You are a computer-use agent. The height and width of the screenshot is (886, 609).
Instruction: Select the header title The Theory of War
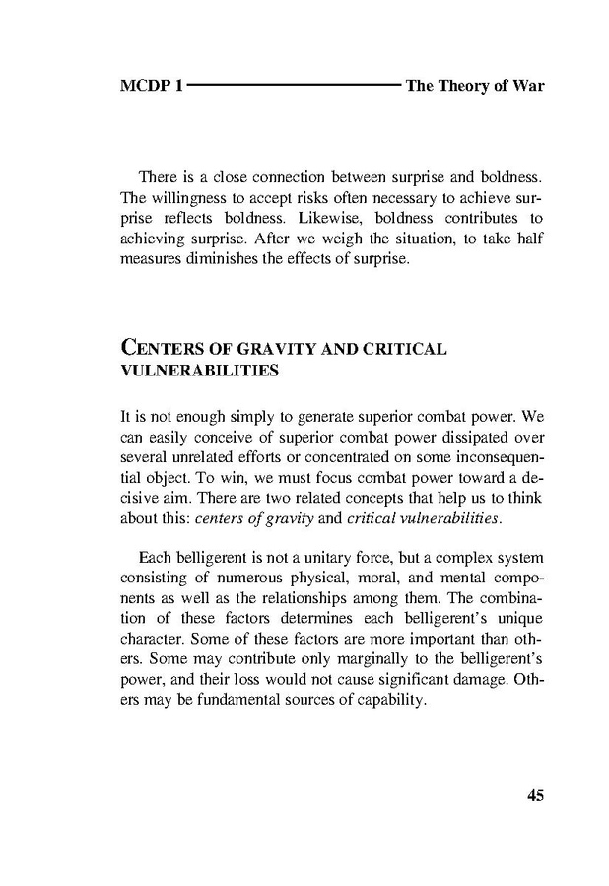(475, 86)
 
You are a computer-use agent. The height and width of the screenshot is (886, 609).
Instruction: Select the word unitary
(309, 558)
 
